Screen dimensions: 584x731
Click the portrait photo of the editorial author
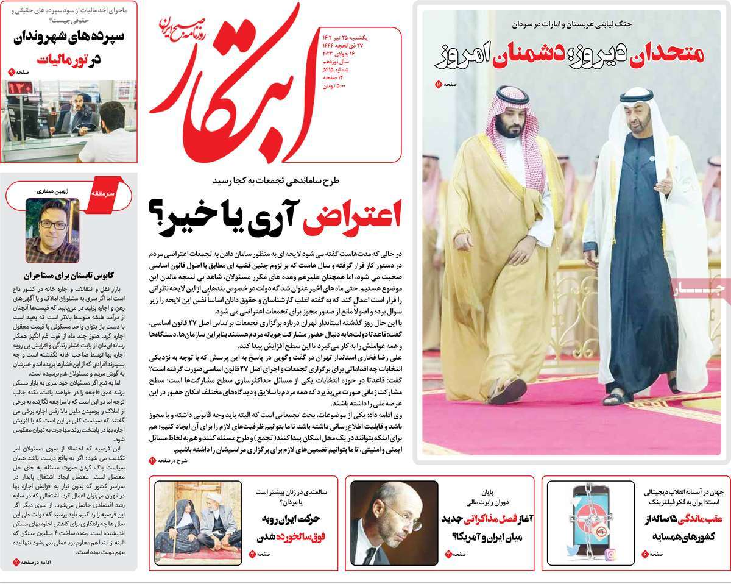(x=52, y=230)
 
